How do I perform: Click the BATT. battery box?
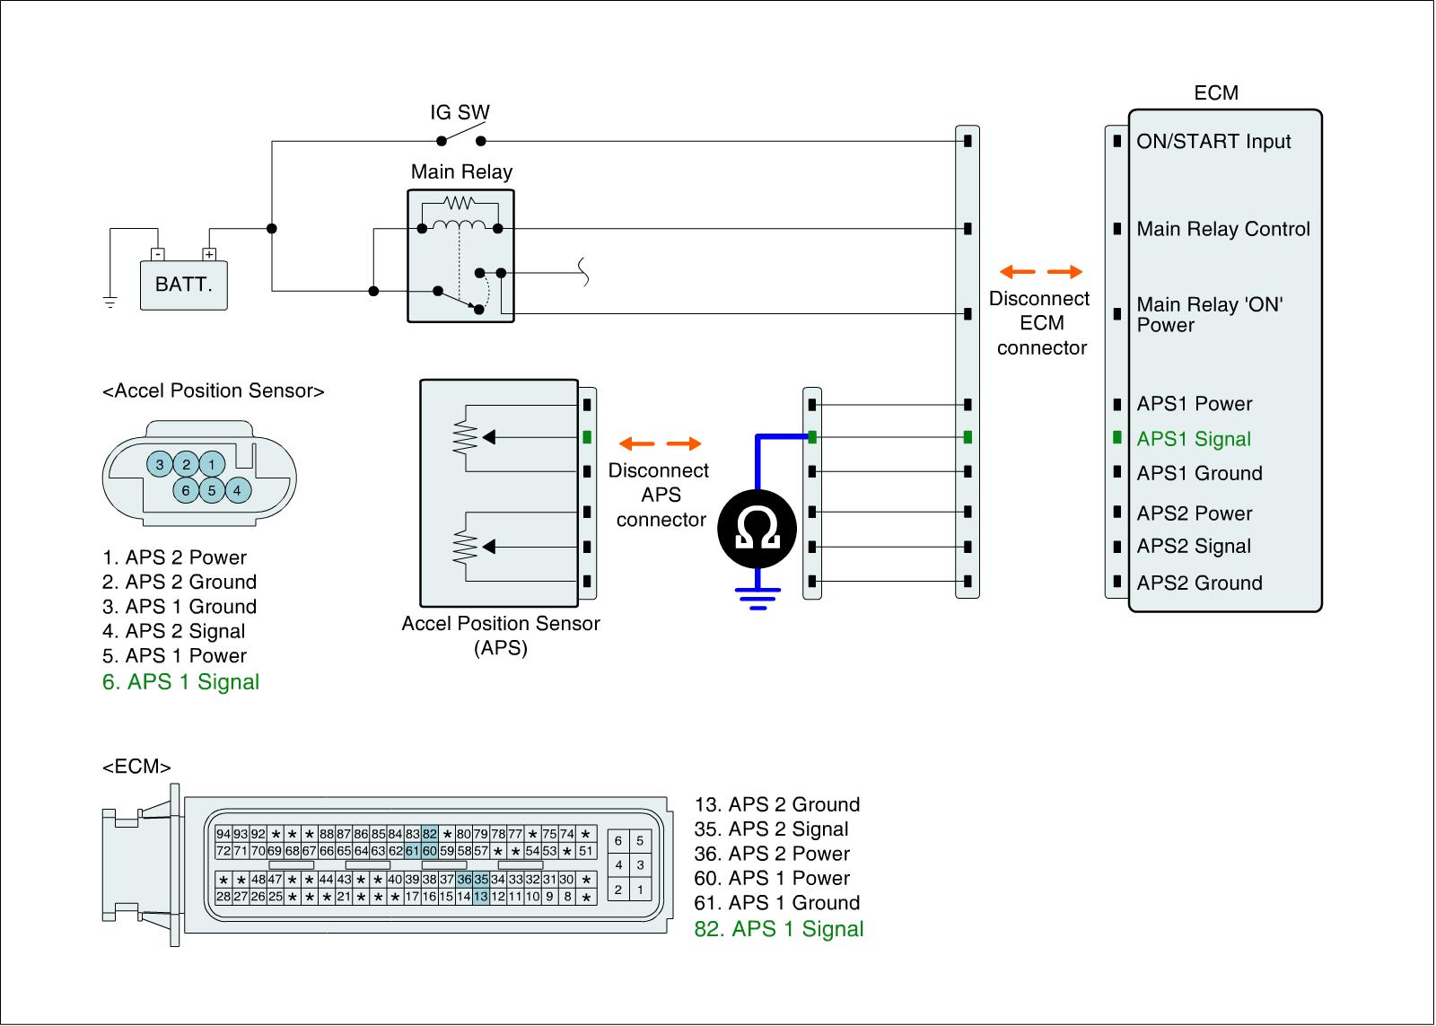[x=183, y=285]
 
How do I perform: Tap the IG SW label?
[x=460, y=113]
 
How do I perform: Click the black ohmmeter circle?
[x=757, y=530]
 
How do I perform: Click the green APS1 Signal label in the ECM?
[x=1193, y=439]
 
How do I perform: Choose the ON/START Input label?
[x=1213, y=142]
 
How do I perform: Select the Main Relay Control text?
[x=1222, y=230]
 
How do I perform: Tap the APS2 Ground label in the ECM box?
[x=1199, y=583]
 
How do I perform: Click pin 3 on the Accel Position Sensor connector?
[x=160, y=464]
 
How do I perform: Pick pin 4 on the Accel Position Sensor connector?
[x=237, y=490]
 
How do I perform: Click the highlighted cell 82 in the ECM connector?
[x=430, y=834]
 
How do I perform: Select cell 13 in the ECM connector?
[x=481, y=896]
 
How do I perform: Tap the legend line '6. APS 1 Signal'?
[x=180, y=682]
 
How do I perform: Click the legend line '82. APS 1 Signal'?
[x=778, y=929]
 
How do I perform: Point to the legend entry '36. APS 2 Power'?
[x=771, y=854]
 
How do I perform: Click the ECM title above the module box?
[x=1215, y=93]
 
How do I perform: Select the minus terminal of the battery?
[x=157, y=254]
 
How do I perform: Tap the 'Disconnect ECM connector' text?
[x=1040, y=323]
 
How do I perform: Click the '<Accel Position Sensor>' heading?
[x=214, y=391]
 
